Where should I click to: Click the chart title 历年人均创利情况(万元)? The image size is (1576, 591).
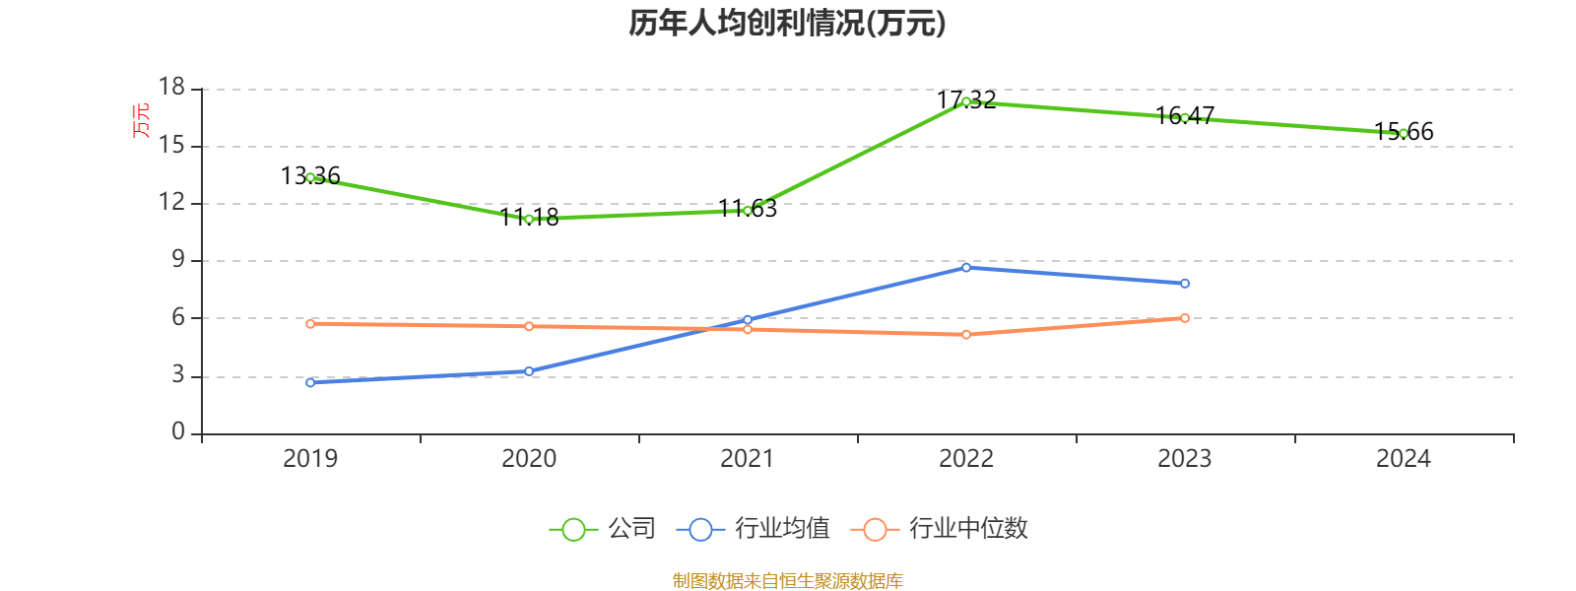click(x=787, y=23)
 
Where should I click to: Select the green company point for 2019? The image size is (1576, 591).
click(x=310, y=177)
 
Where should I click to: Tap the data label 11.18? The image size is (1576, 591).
click(x=529, y=218)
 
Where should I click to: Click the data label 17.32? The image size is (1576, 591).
click(x=966, y=100)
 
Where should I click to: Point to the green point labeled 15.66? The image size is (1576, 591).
click(x=1404, y=133)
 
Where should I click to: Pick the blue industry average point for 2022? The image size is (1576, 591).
click(x=966, y=267)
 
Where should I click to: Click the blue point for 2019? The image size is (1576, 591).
click(x=310, y=382)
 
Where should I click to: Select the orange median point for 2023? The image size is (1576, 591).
click(x=1185, y=318)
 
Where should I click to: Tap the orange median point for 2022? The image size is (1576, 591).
click(x=966, y=335)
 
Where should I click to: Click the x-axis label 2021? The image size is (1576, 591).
click(x=748, y=458)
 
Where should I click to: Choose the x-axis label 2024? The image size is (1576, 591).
click(x=1404, y=458)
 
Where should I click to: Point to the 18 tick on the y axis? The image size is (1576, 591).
click(x=172, y=88)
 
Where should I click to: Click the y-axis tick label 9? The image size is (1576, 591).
click(x=178, y=260)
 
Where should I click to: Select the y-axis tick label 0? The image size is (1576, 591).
click(x=178, y=432)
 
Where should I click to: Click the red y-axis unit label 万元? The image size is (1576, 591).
click(x=142, y=120)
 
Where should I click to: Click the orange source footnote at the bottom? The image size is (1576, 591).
click(x=787, y=581)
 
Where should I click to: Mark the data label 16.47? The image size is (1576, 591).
click(x=1185, y=116)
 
